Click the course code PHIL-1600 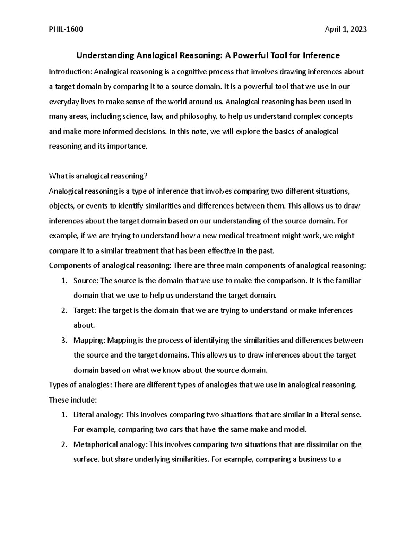pos(66,29)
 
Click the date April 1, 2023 pos(345,29)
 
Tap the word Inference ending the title pos(321,55)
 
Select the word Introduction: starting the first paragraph pos(71,72)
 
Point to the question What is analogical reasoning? pos(98,176)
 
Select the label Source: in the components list pos(86,281)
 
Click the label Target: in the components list pos(84,310)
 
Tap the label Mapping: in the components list pos(89,340)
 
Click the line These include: pos(72,400)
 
